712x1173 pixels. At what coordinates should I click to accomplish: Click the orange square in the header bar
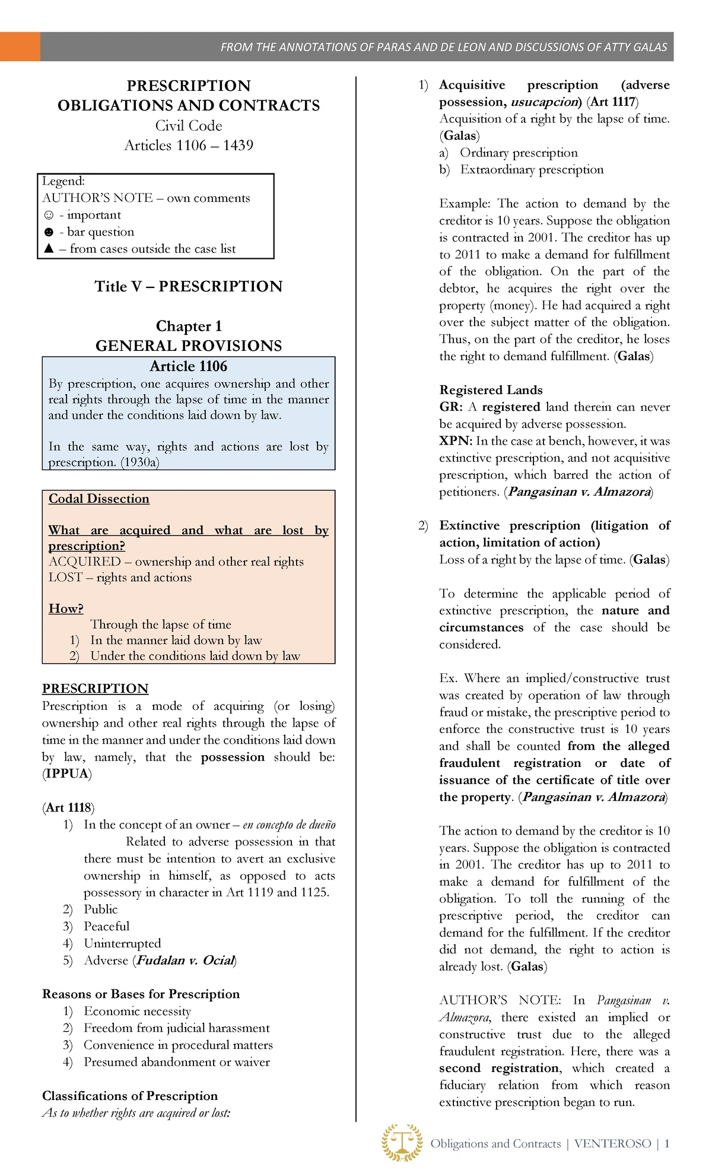click(x=20, y=47)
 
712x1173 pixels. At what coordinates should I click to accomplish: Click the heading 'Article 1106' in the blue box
click(x=188, y=366)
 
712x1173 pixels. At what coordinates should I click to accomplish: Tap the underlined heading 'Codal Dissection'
click(x=98, y=499)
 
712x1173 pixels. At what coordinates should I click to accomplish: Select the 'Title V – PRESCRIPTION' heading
click(x=188, y=287)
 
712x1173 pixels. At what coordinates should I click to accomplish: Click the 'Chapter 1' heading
click(x=188, y=326)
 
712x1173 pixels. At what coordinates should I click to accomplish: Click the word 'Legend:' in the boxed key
click(x=63, y=181)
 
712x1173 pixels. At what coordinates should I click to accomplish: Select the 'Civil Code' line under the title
click(x=188, y=126)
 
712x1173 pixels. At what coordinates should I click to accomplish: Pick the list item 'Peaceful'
click(x=106, y=926)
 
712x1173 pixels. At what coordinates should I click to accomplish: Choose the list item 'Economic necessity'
click(x=137, y=1011)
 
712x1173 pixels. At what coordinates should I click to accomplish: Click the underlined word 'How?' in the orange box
click(x=66, y=608)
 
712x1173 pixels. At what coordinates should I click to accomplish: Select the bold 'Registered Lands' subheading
click(x=491, y=390)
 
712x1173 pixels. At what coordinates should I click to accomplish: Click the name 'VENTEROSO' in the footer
click(x=612, y=1144)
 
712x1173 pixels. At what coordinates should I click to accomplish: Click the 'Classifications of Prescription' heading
click(x=130, y=1096)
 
